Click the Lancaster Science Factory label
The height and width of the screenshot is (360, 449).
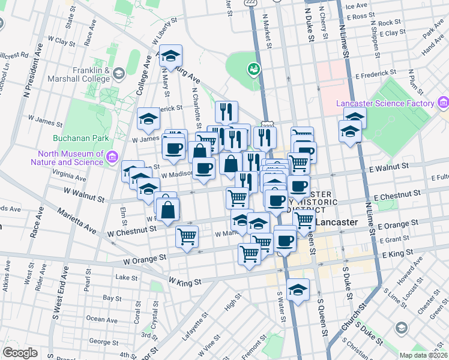coord(385,103)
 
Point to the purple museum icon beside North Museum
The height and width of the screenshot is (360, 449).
coord(111,157)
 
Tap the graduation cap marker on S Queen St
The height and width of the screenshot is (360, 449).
coord(298,290)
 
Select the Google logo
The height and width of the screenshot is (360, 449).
coord(20,353)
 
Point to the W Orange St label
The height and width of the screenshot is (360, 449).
coord(144,260)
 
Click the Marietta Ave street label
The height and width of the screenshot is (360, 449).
coord(76,220)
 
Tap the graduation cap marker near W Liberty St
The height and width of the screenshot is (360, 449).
coord(172,56)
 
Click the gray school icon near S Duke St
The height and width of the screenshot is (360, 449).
coord(401,328)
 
